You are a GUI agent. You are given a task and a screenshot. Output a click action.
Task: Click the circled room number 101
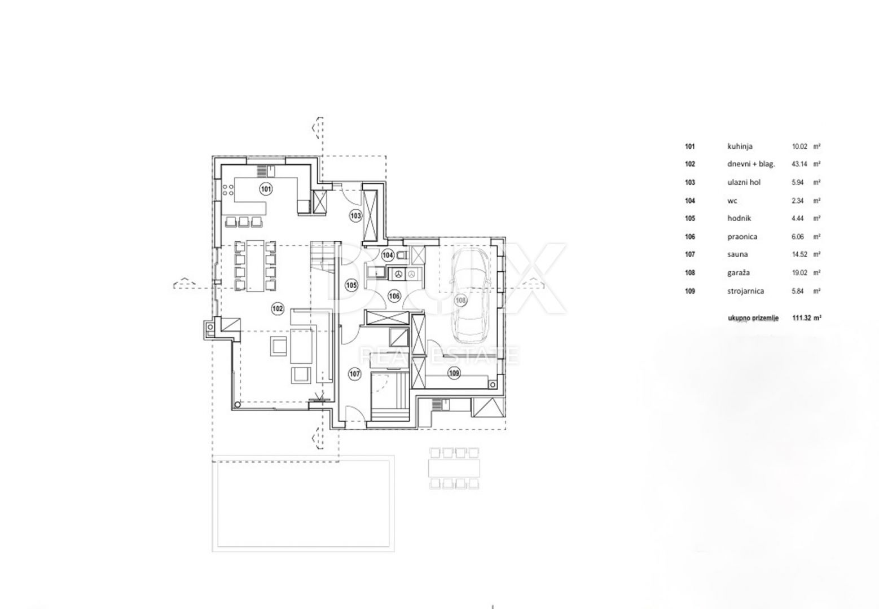[266, 189]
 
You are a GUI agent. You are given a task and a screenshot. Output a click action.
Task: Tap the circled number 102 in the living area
[278, 308]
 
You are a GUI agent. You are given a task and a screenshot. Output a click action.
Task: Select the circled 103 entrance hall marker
[355, 215]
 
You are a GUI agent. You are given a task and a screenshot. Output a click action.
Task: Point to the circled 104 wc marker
[388, 255]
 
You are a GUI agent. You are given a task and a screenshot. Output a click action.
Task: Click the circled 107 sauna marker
[354, 374]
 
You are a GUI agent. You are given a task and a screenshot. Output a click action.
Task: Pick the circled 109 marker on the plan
[454, 373]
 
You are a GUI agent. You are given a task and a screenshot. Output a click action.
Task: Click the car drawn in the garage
[470, 295]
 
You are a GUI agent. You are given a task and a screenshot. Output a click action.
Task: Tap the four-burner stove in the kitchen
[228, 190]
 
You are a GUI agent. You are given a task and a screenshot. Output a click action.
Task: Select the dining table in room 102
[255, 266]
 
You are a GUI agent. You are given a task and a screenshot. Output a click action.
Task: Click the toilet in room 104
[402, 255]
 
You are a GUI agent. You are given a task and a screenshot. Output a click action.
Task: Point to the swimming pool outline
[303, 504]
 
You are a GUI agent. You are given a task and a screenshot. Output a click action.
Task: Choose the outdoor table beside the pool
[454, 468]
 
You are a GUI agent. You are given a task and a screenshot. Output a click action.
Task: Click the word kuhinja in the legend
[740, 146]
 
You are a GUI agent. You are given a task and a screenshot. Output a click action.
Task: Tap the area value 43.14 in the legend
[799, 164]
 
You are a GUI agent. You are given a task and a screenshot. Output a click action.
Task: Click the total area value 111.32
[801, 318]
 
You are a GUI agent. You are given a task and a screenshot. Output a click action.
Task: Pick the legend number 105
[690, 218]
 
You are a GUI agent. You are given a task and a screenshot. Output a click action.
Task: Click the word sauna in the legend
[737, 254]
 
